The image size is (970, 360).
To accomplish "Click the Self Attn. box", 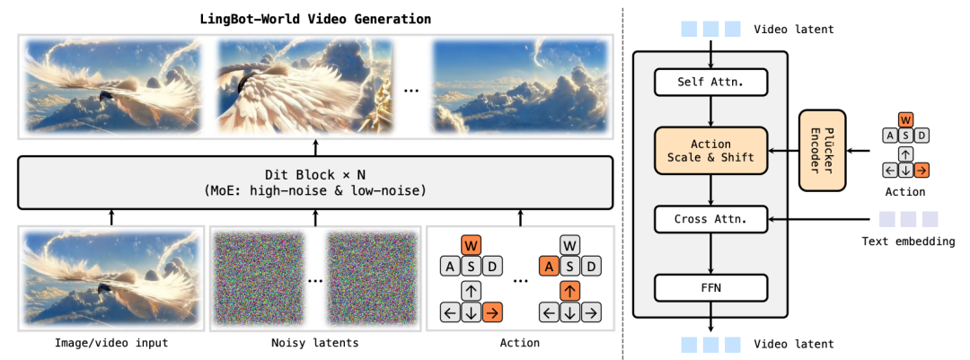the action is (710, 81).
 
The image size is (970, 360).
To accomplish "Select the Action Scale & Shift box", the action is (710, 150).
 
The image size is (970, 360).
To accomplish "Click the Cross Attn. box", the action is (710, 218).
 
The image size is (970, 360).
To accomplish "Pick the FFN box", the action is (710, 287).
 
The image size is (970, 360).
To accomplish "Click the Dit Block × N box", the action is (315, 182).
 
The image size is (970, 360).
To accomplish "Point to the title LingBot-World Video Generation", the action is (315, 18).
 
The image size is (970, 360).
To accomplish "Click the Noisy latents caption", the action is (315, 342).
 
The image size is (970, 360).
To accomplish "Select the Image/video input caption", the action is (111, 342).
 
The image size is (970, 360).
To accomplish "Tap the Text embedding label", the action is (909, 241).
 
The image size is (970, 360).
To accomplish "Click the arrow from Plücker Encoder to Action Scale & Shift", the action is (784, 150).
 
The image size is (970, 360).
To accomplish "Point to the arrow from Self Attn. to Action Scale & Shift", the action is (710, 111).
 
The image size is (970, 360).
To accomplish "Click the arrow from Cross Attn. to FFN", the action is (710, 253).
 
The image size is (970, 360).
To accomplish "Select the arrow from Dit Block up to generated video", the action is (315, 148).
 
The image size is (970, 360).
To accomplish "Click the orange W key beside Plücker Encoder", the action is (905, 119).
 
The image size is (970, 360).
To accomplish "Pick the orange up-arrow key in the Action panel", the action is (569, 290).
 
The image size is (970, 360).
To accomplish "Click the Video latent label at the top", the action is (794, 29).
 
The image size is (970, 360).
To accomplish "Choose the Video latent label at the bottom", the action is (794, 344).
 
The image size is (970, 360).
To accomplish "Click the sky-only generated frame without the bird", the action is (518, 86).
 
